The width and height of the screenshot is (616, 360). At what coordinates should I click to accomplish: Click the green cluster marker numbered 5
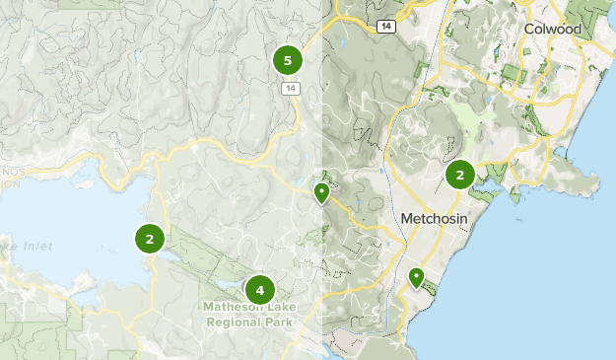tap(287, 61)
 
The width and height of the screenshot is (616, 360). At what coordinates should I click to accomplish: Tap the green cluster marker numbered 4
tap(259, 290)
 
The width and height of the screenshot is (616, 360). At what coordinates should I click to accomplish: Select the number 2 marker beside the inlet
tap(150, 238)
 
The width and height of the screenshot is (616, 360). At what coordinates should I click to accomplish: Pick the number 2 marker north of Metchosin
tap(459, 175)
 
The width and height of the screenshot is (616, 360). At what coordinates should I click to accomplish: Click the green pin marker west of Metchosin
tap(321, 191)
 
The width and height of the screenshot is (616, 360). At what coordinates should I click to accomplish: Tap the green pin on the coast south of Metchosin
tap(417, 277)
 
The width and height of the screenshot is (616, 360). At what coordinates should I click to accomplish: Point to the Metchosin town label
tap(435, 217)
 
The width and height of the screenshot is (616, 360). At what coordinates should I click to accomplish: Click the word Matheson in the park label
tap(234, 307)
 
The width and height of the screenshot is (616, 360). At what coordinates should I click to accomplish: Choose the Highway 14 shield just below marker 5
tap(289, 89)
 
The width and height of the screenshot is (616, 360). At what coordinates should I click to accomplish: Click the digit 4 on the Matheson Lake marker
tap(259, 290)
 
